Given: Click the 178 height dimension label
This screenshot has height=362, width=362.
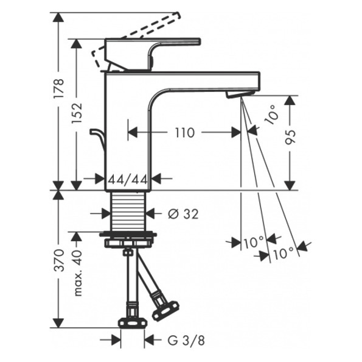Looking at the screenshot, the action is tap(58, 88).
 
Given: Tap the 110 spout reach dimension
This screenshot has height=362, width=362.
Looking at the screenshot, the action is tap(185, 133).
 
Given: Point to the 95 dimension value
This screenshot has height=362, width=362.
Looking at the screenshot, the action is tap(290, 137).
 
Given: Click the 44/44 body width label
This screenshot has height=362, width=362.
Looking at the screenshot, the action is tap(128, 180).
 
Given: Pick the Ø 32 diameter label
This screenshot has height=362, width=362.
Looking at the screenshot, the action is tap(183, 214).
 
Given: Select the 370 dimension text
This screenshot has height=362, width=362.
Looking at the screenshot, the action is tap(58, 260).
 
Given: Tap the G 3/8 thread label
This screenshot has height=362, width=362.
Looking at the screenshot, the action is tap(186, 341).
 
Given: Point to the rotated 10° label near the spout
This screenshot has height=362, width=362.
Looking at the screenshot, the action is tap(272, 115).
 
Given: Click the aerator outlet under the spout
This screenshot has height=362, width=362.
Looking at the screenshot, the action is tap(239, 94).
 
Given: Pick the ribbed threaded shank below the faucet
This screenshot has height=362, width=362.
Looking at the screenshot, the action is tap(128, 211).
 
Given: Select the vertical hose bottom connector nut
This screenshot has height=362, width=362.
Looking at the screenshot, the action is tap(133, 323).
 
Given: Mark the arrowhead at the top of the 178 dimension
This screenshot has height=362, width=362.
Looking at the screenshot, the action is tap(58, 17).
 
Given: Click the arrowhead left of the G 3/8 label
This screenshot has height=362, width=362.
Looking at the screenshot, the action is tap(116, 340).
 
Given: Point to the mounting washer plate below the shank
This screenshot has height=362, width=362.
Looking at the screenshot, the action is tap(128, 235).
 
